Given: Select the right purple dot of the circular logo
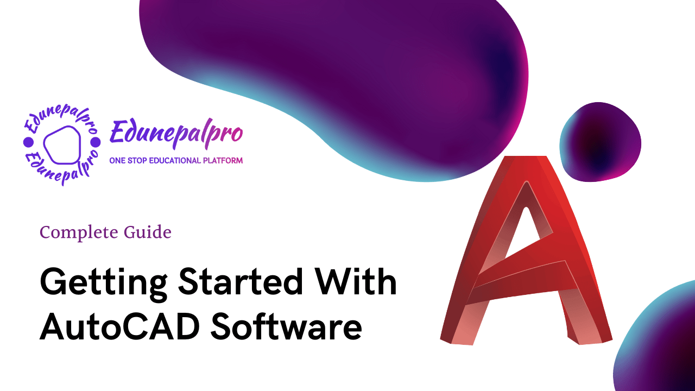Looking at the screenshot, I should coord(96,143).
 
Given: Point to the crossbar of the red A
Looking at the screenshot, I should coord(521,279).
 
